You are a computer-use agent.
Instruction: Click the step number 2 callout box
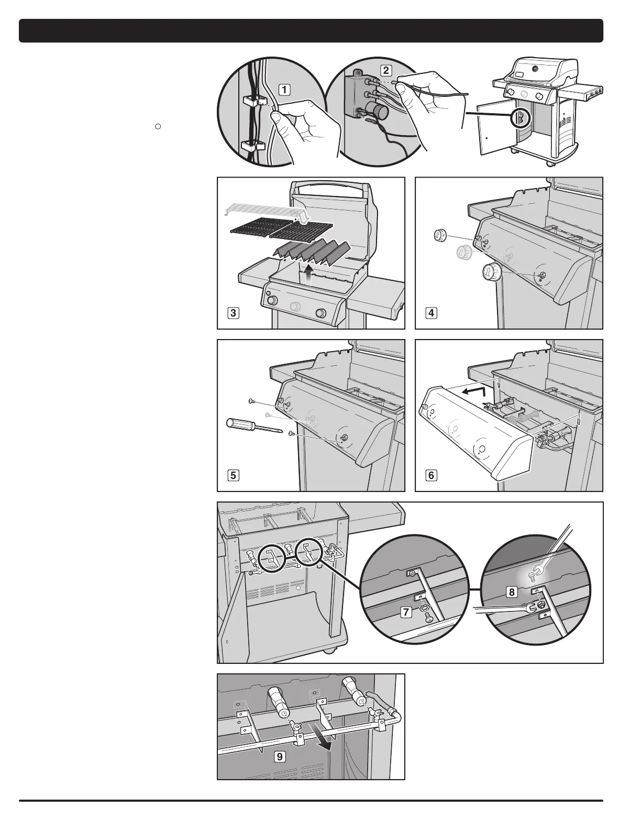(x=385, y=70)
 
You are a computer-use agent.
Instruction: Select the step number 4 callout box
(x=431, y=313)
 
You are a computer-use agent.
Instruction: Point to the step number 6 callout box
(x=431, y=476)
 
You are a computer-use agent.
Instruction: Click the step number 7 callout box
(x=406, y=611)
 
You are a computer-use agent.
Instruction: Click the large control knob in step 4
(x=491, y=273)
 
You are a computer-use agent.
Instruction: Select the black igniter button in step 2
(x=375, y=111)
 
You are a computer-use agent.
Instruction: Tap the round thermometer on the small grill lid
(x=534, y=69)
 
